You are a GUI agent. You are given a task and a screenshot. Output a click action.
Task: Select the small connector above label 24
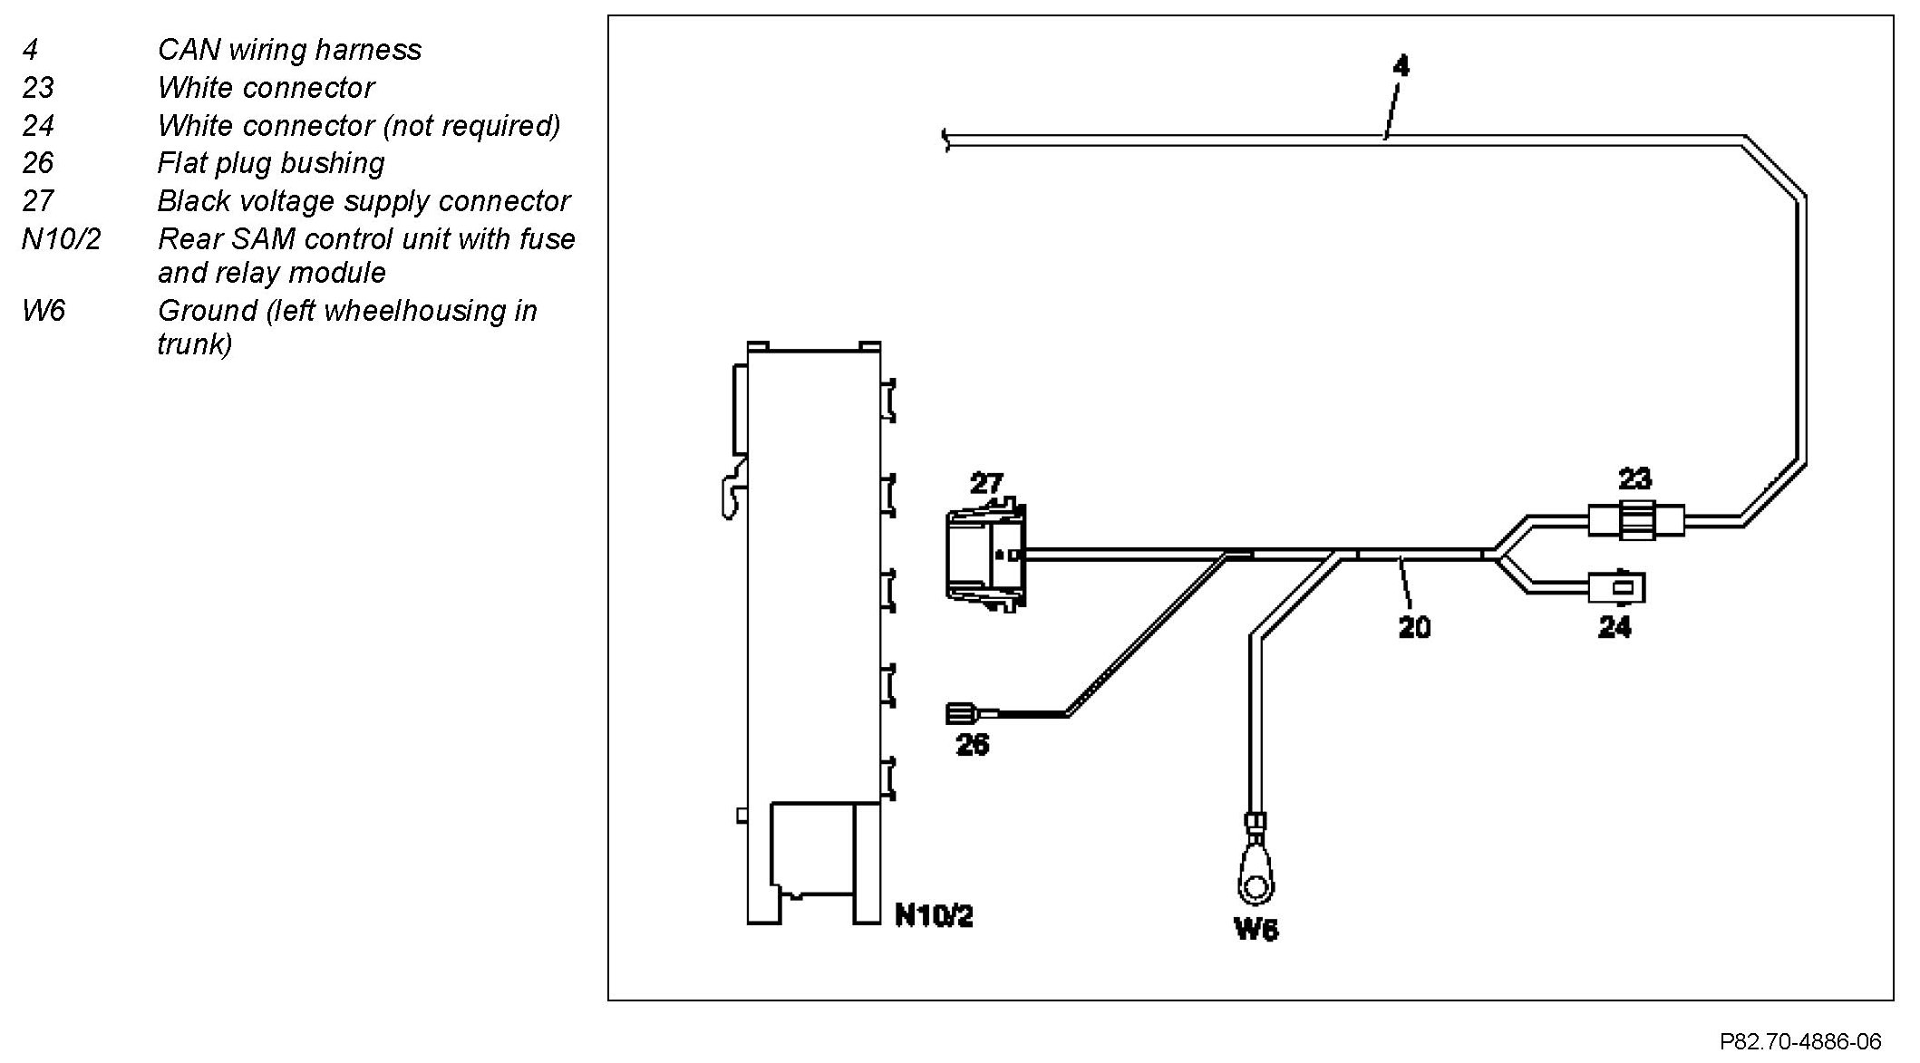[x=1616, y=586]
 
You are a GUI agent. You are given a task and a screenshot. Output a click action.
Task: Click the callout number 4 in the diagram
[x=1401, y=66]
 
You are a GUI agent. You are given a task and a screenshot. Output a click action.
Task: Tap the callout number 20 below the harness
[x=1414, y=626]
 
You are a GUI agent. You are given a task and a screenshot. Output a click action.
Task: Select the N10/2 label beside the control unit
[x=934, y=916]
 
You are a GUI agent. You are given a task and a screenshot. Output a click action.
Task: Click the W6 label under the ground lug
[x=1256, y=930]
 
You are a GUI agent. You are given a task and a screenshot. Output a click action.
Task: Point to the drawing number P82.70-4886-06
[x=1799, y=1041]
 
